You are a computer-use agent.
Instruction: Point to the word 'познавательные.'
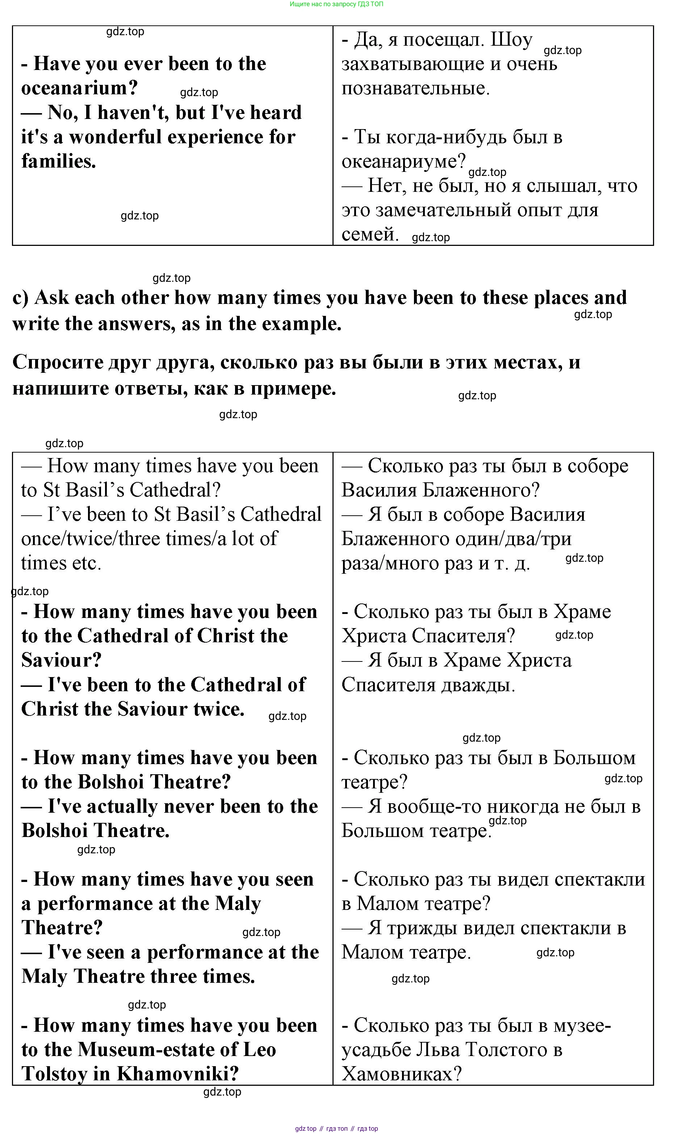click(415, 88)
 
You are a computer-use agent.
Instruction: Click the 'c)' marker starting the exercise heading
click(21, 298)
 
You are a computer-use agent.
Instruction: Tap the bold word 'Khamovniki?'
click(178, 1074)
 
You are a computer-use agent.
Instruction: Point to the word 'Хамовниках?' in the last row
click(402, 1074)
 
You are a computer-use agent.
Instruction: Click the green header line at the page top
click(336, 4)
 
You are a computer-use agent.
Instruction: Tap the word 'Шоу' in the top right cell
click(511, 40)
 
